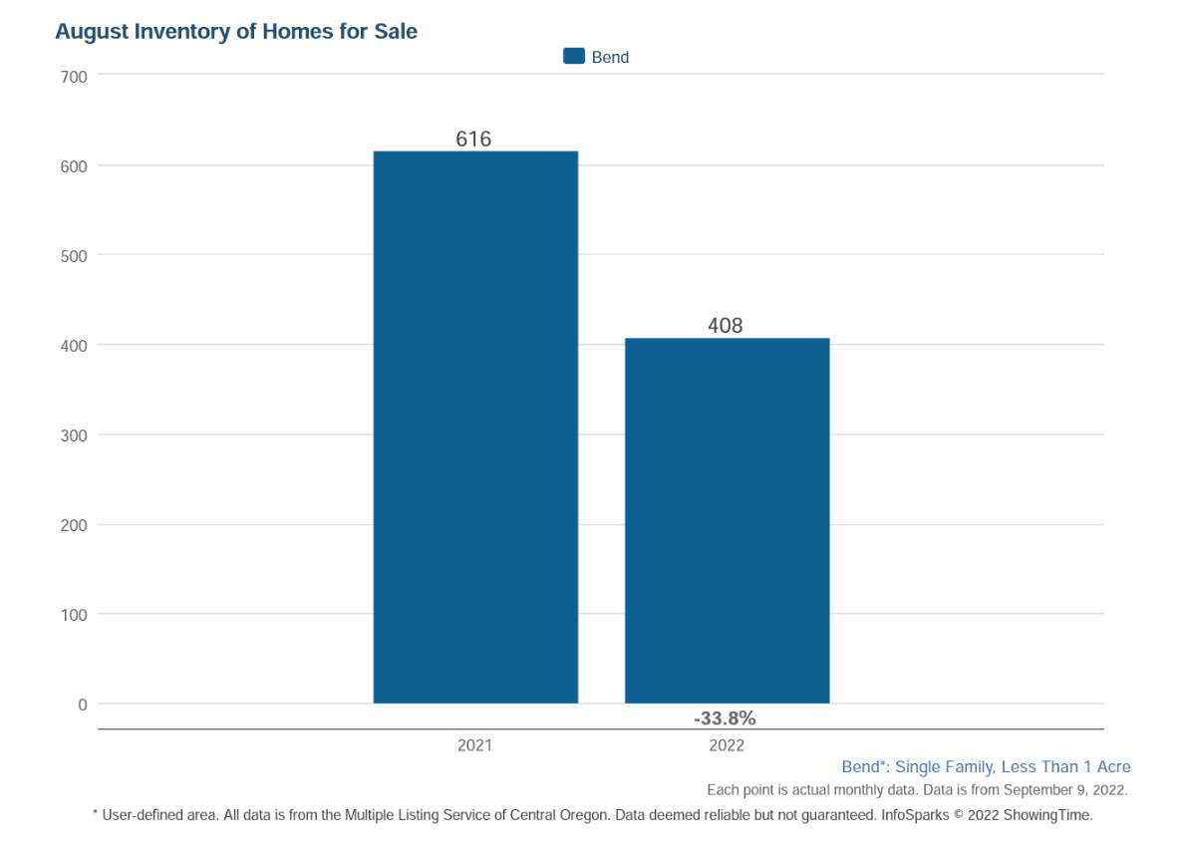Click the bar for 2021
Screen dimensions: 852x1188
click(x=475, y=427)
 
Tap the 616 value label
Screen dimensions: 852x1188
click(x=474, y=140)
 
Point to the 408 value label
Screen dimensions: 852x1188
click(x=726, y=326)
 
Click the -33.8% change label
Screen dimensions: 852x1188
click(x=725, y=717)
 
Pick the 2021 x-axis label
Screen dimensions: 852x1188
click(x=474, y=745)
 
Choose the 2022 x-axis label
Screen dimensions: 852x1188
click(x=727, y=745)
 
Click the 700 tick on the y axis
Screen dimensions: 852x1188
click(x=76, y=77)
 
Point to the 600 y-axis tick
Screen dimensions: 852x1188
click(x=76, y=166)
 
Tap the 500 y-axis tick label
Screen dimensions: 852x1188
click(x=76, y=256)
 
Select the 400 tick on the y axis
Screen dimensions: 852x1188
click(x=76, y=346)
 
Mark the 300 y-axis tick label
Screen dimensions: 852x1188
click(x=76, y=435)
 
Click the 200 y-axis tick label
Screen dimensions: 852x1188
click(x=76, y=525)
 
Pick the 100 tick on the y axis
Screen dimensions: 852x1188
click(x=76, y=615)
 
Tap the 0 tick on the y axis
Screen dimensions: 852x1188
click(x=83, y=705)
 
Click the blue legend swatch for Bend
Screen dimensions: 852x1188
click(x=573, y=57)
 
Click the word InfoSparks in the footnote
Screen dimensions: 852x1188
click(x=914, y=815)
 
